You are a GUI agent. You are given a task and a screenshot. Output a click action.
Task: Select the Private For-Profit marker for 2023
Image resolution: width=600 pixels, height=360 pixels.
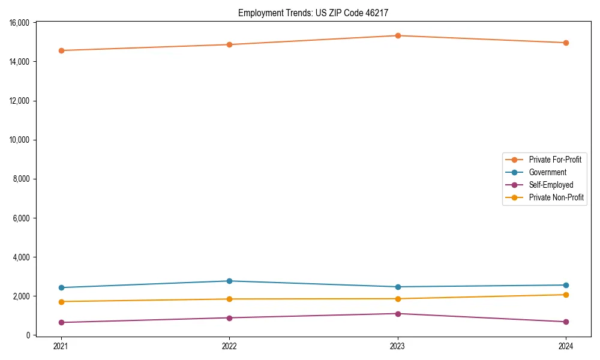tap(398, 35)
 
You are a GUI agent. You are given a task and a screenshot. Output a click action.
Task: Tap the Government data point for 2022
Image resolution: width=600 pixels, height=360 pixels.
tap(229, 281)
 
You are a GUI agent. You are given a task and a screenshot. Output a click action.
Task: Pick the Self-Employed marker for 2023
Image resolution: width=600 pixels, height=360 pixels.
tap(398, 314)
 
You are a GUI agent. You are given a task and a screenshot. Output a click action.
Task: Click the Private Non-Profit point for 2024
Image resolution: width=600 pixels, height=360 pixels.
tap(566, 295)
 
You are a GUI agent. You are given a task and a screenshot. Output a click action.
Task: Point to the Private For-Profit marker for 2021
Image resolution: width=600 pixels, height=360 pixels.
tap(61, 50)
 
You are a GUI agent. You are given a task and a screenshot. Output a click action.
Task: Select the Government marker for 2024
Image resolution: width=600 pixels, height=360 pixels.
tap(566, 285)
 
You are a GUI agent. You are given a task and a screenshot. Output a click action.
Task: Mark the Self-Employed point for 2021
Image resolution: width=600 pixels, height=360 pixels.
tap(61, 322)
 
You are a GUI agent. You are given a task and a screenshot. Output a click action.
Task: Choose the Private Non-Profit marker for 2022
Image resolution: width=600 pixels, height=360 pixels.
tap(229, 299)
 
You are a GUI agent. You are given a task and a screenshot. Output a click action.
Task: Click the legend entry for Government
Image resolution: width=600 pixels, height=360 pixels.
tap(547, 172)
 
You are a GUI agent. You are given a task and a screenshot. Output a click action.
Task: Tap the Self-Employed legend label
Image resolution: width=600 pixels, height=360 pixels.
tap(551, 185)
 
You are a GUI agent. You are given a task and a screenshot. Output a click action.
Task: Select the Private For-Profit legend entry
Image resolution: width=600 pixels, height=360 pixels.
tap(554, 160)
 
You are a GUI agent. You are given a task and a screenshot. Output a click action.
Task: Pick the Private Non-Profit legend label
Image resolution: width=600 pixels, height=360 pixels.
tap(556, 197)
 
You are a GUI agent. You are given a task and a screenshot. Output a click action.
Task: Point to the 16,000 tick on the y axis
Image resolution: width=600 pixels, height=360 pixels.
tap(20, 23)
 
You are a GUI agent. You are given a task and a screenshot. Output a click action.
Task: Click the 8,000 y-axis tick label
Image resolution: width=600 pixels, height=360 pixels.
tap(22, 179)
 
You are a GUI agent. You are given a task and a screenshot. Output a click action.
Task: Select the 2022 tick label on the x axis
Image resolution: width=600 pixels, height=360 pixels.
tap(229, 346)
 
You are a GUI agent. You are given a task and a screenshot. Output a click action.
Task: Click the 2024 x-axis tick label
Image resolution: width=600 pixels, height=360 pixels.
tap(566, 346)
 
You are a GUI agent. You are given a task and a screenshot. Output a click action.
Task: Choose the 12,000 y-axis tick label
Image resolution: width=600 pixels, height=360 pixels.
tap(20, 101)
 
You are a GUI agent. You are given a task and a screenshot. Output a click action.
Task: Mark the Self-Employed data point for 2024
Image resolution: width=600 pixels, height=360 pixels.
tap(566, 322)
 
